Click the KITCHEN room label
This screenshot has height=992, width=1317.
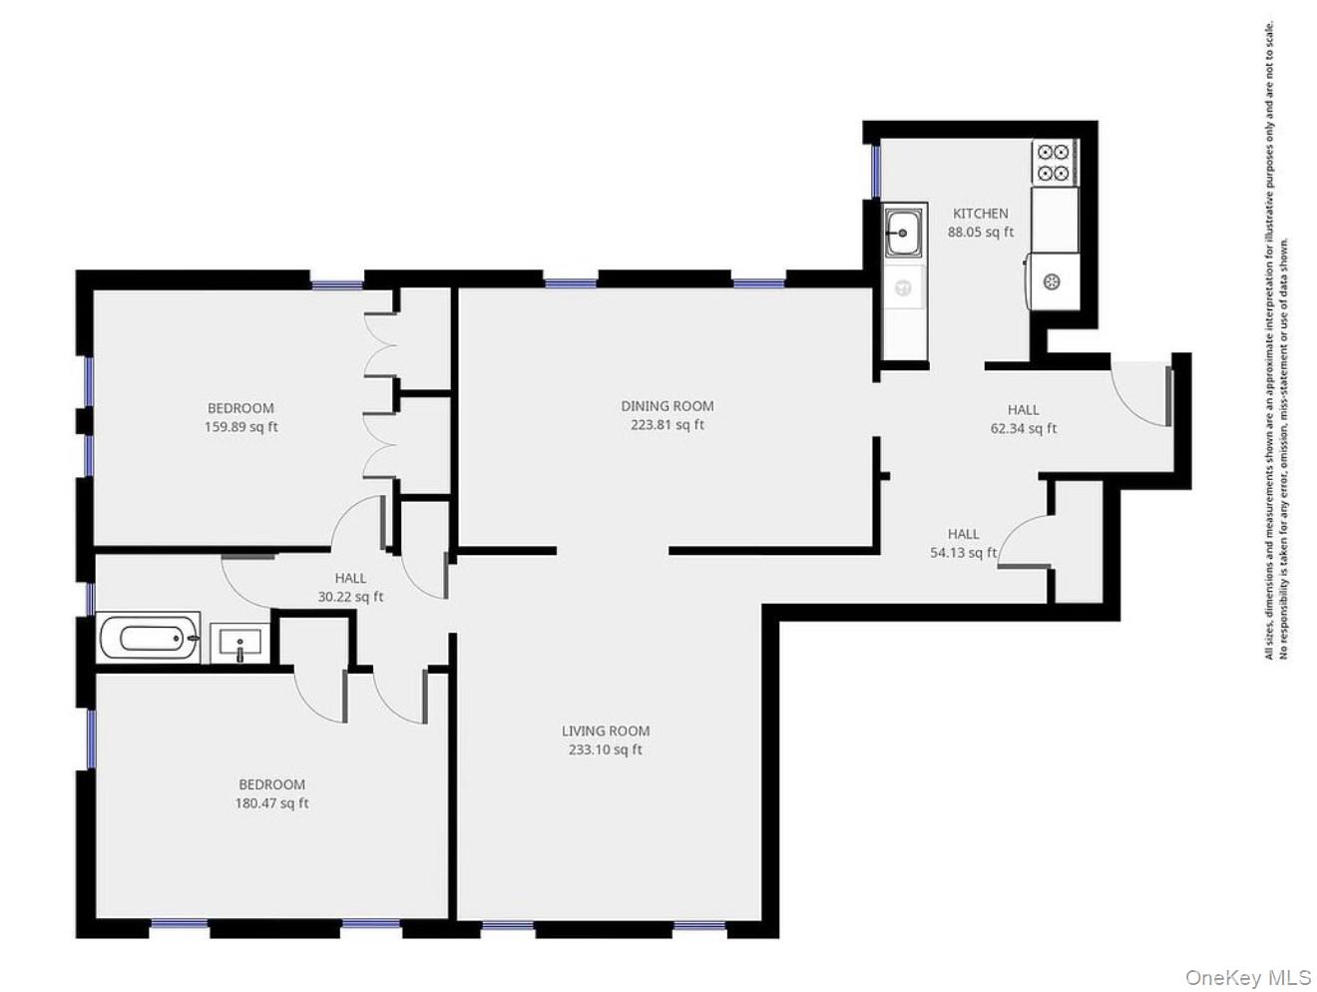(x=980, y=214)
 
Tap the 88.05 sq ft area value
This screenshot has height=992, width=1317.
(x=980, y=233)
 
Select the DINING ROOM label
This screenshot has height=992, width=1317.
(x=666, y=406)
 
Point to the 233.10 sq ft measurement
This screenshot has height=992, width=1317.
(x=605, y=750)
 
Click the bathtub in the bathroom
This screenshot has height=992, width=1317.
(x=149, y=637)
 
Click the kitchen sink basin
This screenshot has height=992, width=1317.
(x=904, y=234)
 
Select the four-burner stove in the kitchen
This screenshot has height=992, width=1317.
(x=1054, y=163)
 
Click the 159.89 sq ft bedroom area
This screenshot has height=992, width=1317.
(x=240, y=427)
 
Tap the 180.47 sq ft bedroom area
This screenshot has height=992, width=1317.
(x=271, y=803)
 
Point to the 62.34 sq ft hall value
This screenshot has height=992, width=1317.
(x=1023, y=429)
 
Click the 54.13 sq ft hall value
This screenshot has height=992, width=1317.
(x=963, y=553)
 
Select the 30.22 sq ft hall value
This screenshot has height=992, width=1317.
(x=350, y=597)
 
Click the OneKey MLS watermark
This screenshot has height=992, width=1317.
(x=1247, y=977)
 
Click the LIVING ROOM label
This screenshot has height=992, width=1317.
(x=605, y=732)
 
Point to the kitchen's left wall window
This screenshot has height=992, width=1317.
(x=876, y=171)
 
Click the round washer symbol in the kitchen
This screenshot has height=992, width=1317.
(x=1051, y=282)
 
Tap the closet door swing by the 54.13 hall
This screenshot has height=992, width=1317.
(x=1023, y=544)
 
